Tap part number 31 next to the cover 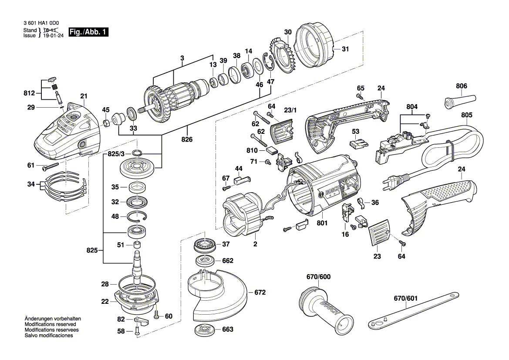pos(345,49)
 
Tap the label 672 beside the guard pos(260,292)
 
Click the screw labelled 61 pos(51,166)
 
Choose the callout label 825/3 pos(115,154)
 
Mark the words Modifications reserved pos(51,325)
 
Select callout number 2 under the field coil pos(255,244)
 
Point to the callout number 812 pos(29,93)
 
